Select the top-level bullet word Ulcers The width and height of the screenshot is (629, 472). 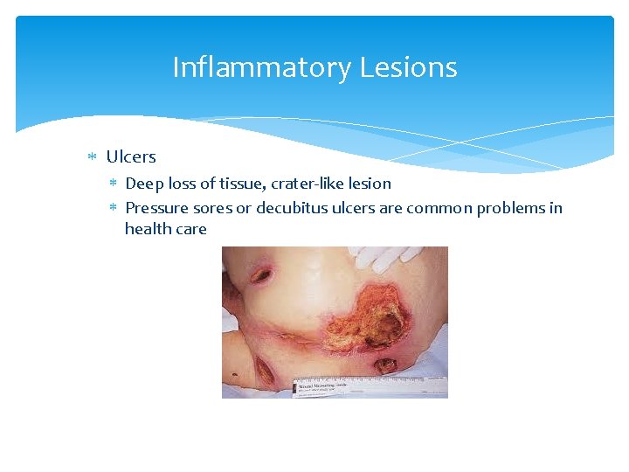tap(131, 157)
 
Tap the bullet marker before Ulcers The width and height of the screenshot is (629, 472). tap(93, 157)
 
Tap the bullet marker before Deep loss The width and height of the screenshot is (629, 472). tap(113, 184)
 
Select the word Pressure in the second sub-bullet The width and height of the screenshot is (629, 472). tap(155, 209)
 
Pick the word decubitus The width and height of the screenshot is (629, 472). tap(292, 209)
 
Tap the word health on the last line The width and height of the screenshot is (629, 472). tap(146, 230)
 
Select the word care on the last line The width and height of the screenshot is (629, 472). tap(191, 230)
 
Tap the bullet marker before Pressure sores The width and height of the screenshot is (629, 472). tap(113, 209)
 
